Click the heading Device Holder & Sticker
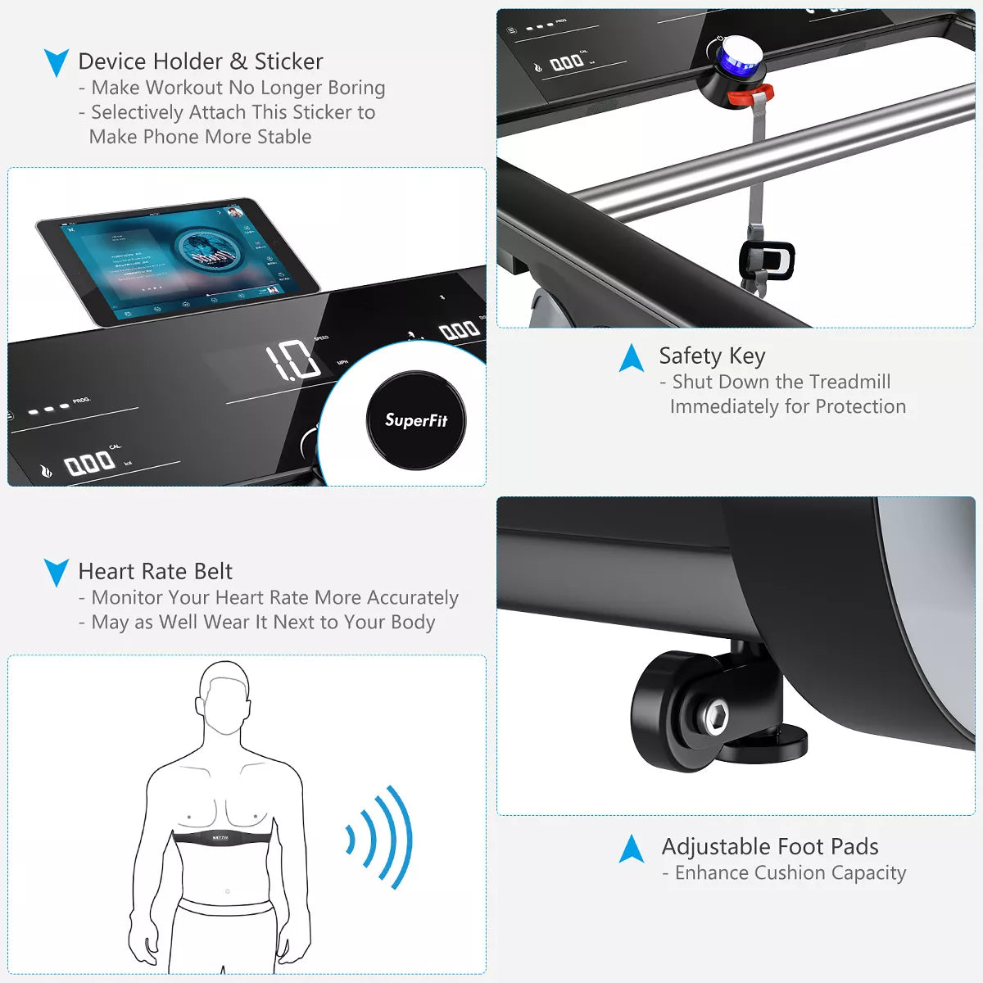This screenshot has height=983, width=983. (x=201, y=61)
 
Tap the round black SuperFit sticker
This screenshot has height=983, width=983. (x=415, y=420)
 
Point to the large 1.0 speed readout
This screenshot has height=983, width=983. (x=292, y=360)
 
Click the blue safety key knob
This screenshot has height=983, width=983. (x=736, y=60)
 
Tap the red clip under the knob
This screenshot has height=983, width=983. (x=750, y=95)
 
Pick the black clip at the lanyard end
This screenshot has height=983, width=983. (x=767, y=260)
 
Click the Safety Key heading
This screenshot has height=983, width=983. (x=712, y=356)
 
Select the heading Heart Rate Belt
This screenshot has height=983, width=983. (x=156, y=571)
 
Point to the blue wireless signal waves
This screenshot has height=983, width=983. (x=380, y=837)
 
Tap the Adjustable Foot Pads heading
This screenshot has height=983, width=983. (x=770, y=846)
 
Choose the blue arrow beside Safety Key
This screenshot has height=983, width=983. (x=632, y=358)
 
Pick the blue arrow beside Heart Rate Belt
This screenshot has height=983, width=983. (x=57, y=572)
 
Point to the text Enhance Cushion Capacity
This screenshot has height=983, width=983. (x=790, y=873)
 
